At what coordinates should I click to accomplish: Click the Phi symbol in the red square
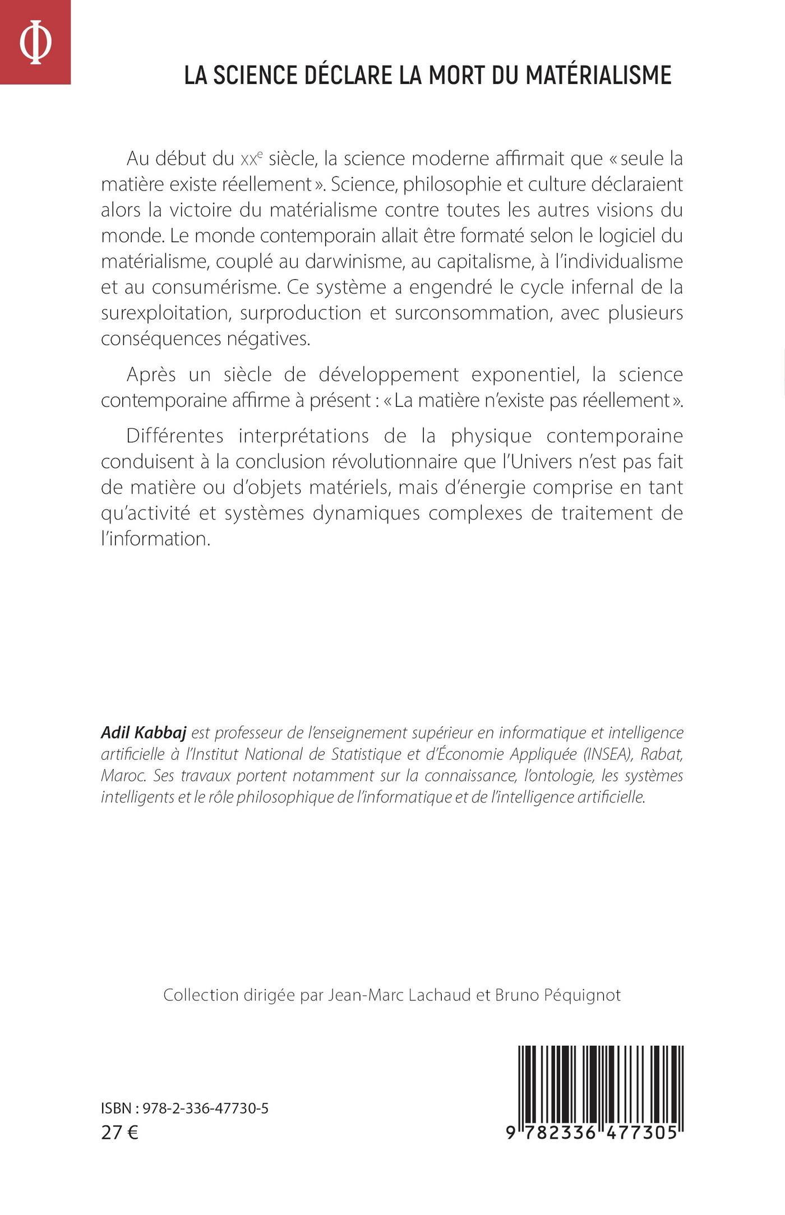click(35, 43)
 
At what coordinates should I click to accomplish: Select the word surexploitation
click(167, 313)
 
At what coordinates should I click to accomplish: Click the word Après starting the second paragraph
click(153, 374)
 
